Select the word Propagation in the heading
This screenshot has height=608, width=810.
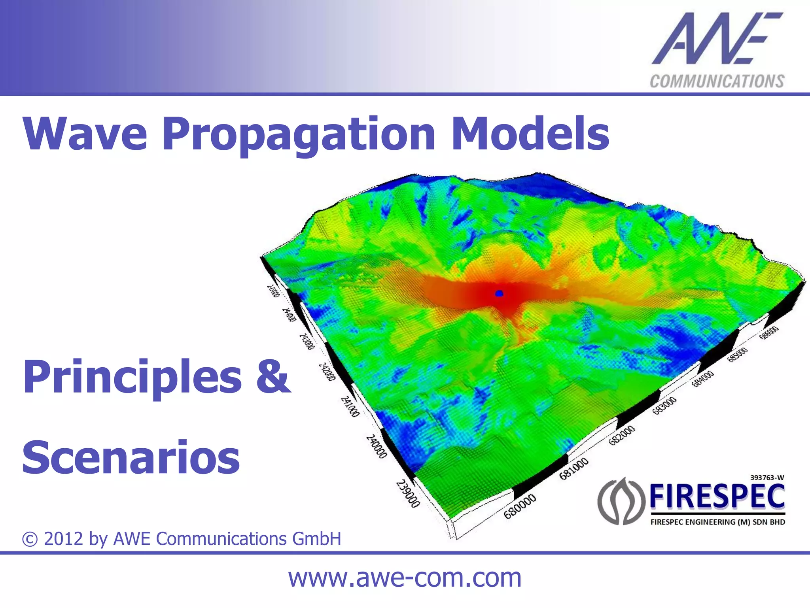point(299,134)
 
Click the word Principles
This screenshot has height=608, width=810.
point(132,378)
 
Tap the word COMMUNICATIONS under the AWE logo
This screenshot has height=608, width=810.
point(717,81)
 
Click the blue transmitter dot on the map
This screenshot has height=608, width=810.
point(499,293)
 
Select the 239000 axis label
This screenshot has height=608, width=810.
point(408,494)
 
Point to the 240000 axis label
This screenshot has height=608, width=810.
point(376,447)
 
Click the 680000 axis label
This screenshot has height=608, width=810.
point(520,506)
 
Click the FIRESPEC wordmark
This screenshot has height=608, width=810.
point(717,497)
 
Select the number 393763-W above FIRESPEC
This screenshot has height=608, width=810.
point(767,478)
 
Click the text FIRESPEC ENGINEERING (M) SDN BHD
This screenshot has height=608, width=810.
point(717,522)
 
